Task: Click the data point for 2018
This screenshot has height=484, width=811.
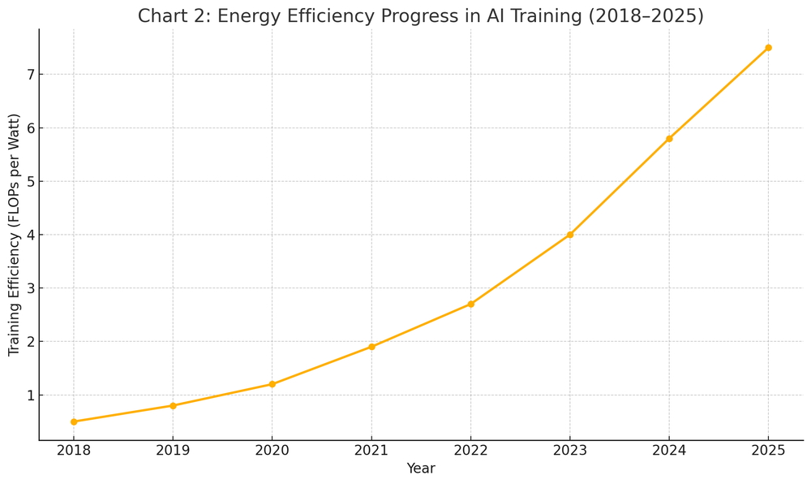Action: (x=74, y=421)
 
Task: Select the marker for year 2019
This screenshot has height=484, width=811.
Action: (x=173, y=405)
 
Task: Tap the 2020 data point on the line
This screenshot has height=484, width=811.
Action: (x=272, y=384)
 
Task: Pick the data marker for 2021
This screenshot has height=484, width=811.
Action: (x=371, y=347)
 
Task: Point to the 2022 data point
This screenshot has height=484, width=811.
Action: (x=470, y=304)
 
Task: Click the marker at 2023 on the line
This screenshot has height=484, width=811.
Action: (x=570, y=235)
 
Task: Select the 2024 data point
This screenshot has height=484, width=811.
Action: (x=669, y=139)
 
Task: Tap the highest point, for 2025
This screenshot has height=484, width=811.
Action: (x=768, y=48)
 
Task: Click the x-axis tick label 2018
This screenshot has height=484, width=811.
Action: (x=74, y=450)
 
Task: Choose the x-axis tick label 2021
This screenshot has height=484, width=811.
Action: (x=371, y=450)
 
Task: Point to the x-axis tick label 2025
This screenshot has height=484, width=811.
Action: (x=768, y=450)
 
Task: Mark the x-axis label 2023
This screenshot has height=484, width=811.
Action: (x=570, y=450)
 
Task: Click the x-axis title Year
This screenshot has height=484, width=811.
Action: (x=421, y=469)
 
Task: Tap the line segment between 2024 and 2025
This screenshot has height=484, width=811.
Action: (x=719, y=93)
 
